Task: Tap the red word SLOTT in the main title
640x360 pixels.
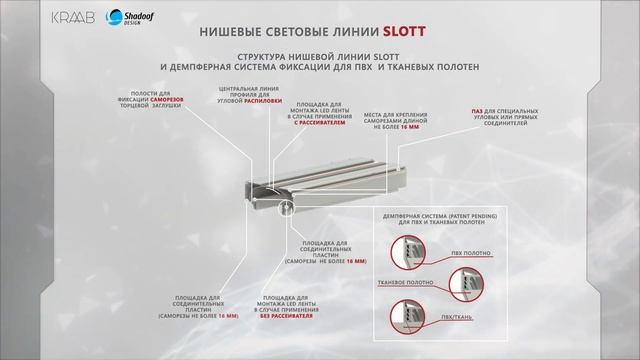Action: pos(402,30)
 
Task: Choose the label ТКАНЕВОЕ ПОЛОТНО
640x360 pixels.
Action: pos(406,282)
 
